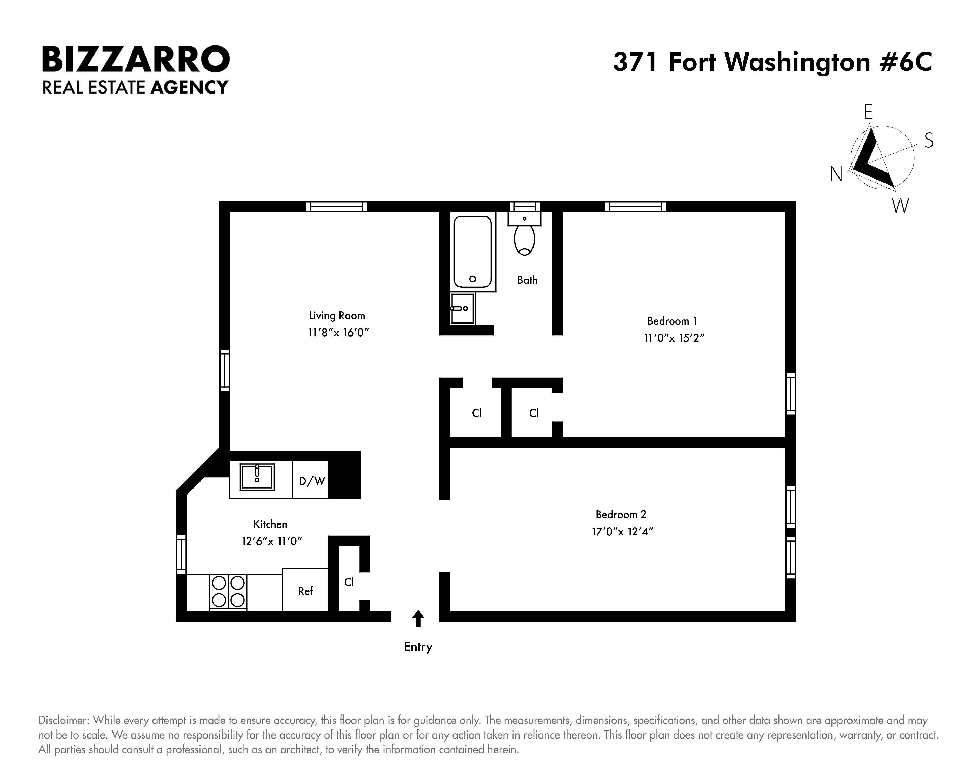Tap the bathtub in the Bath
[472, 252]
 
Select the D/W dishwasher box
[311, 481]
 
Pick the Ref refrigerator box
[305, 590]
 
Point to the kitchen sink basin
[257, 477]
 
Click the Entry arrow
[418, 619]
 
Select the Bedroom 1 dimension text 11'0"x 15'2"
[674, 338]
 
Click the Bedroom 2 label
[621, 515]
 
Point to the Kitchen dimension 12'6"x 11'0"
[271, 541]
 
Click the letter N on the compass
[836, 174]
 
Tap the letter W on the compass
[900, 206]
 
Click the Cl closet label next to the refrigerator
[349, 582]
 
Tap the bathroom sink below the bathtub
[462, 308]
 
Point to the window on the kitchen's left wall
[181, 554]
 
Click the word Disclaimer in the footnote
[63, 720]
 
